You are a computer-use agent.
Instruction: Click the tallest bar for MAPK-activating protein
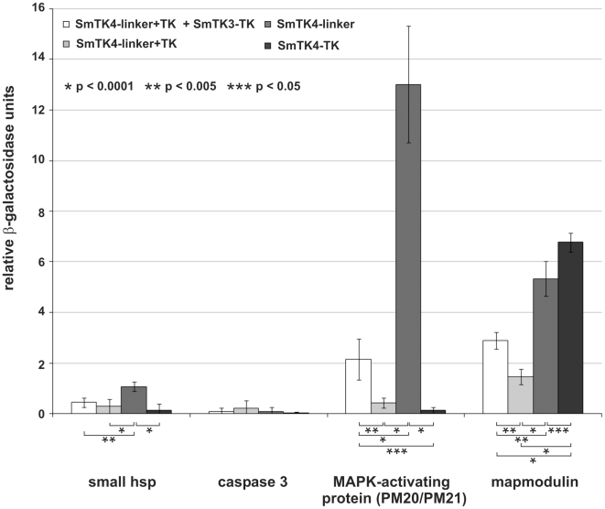coord(408,248)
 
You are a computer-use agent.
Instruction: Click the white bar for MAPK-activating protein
coord(358,385)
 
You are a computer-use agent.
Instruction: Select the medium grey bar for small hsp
coord(134,400)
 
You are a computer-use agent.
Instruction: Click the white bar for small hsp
coord(83,407)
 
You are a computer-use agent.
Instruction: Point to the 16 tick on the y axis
coord(37,8)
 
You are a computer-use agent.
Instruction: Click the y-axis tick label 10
coord(37,160)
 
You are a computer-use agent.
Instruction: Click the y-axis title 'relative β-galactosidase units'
coord(11,210)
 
